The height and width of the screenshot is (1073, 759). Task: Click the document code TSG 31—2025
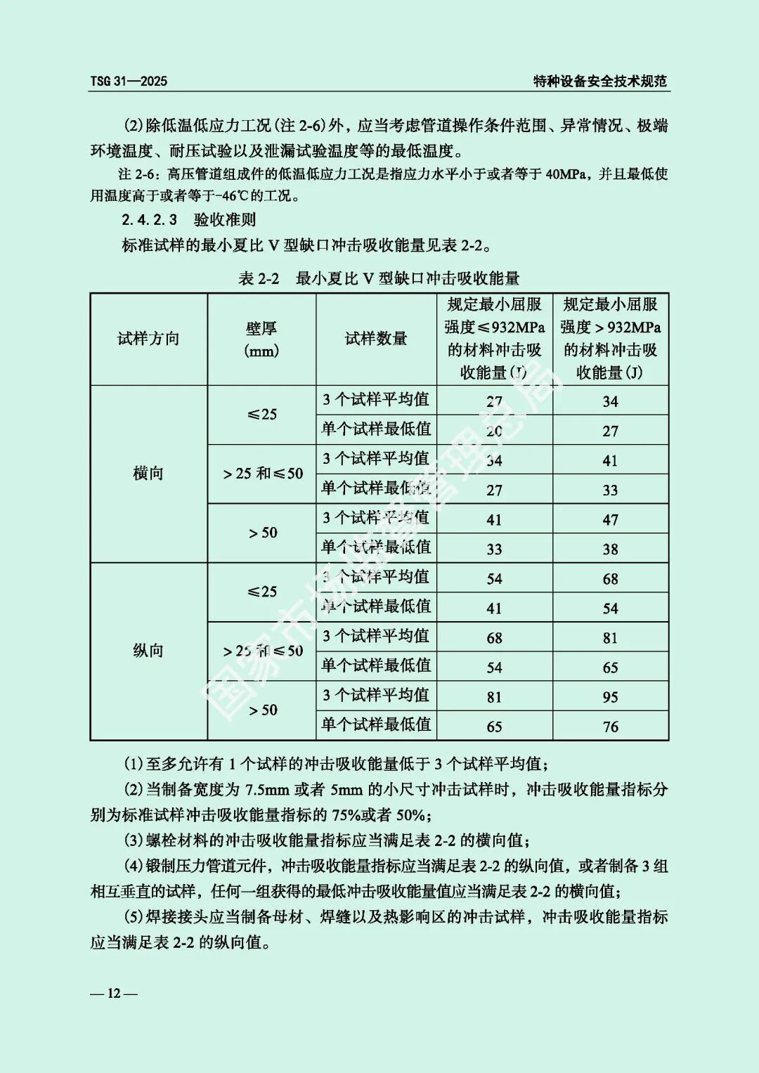[129, 81]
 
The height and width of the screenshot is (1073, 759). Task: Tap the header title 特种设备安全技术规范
[599, 81]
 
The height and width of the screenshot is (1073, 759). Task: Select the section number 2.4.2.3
[149, 220]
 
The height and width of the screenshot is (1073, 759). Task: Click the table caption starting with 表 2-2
[379, 278]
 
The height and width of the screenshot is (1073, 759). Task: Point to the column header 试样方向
[148, 339]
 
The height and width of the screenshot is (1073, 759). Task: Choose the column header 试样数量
[376, 339]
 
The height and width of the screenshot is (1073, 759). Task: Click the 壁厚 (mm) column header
[261, 339]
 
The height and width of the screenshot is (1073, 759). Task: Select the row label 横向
[148, 474]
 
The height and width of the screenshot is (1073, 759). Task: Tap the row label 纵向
[148, 651]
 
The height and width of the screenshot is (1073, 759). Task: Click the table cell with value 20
[495, 431]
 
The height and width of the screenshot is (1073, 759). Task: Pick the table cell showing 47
[610, 520]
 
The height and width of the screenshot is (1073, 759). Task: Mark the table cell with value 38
[610, 549]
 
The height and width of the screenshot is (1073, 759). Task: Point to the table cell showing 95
[610, 697]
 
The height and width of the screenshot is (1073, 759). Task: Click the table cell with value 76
[610, 727]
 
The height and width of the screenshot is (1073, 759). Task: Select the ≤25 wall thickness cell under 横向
[262, 415]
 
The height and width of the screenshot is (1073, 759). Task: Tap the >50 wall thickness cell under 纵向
[263, 710]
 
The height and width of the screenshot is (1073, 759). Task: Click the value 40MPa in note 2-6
[566, 174]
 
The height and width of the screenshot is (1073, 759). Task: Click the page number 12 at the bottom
[113, 993]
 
